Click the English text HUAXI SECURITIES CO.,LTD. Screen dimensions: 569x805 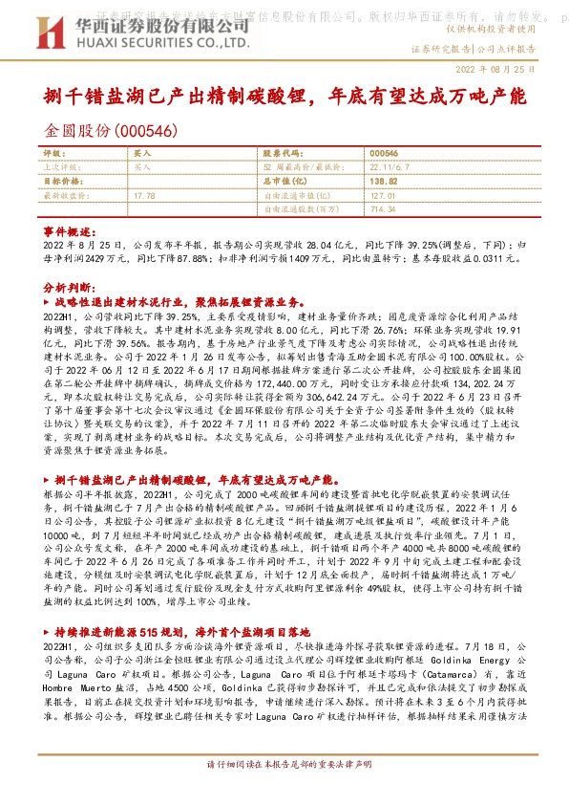point(130,44)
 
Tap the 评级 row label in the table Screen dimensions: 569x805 point(53,153)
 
